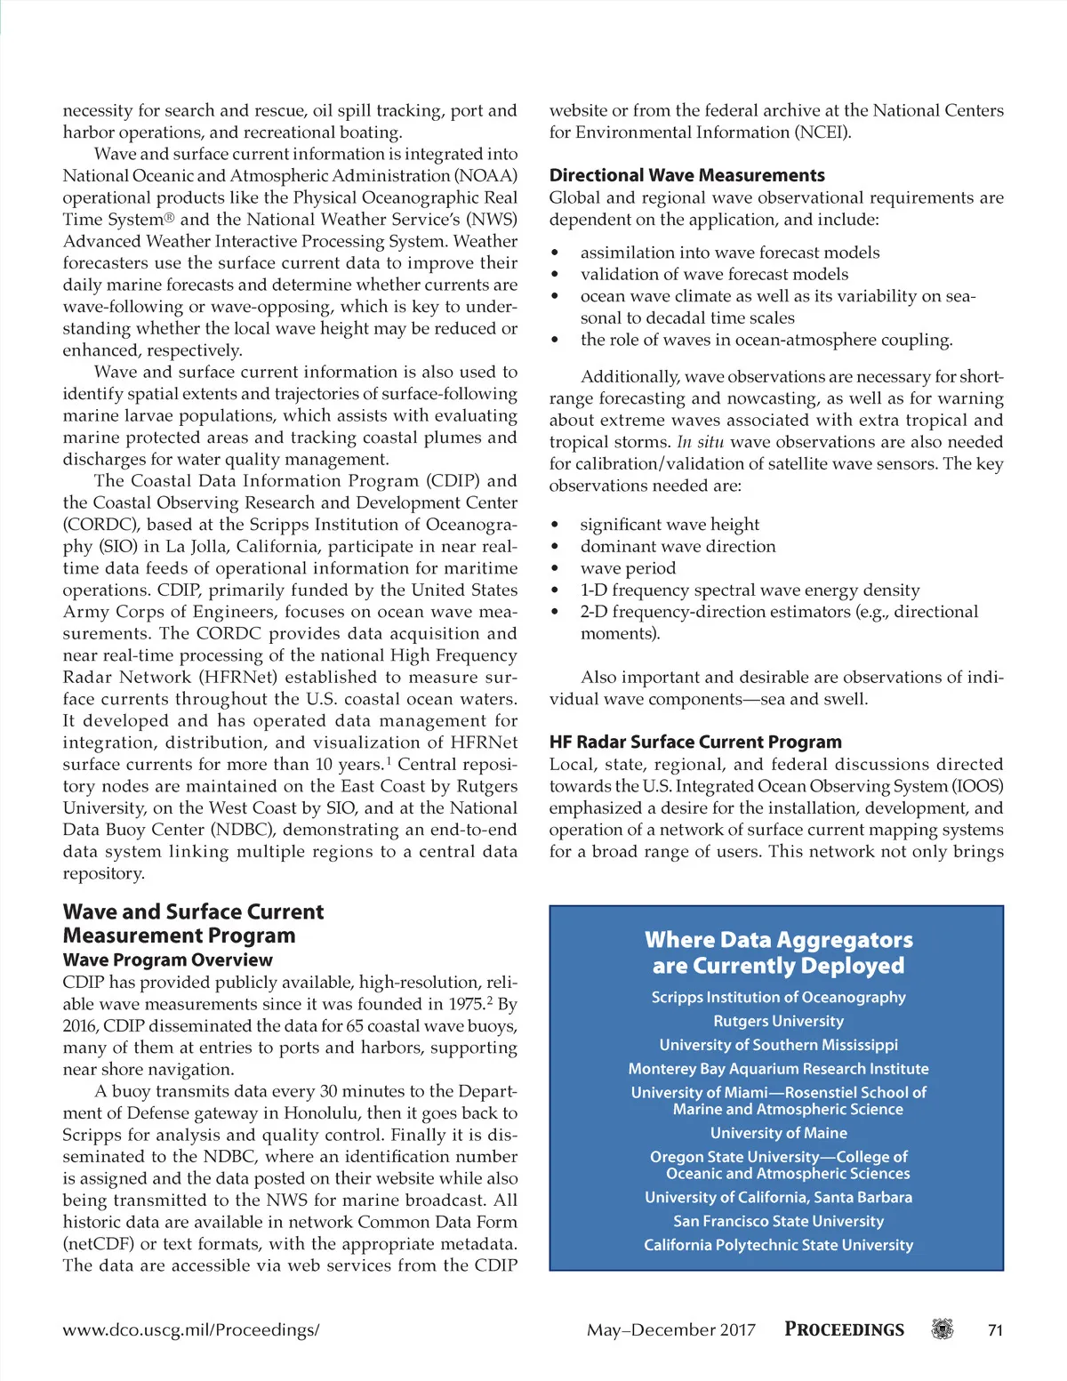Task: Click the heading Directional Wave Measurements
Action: [x=686, y=175]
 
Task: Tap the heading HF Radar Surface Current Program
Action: [x=694, y=742]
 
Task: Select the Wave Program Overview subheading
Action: [x=167, y=959]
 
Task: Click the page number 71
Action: [x=995, y=1330]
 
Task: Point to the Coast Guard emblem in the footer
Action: [x=942, y=1329]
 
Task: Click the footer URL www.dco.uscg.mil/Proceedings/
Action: [x=190, y=1330]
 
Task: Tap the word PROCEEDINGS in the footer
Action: [x=844, y=1329]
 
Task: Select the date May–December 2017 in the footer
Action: [x=670, y=1330]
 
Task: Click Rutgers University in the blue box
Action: [x=778, y=1021]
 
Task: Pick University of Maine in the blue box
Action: [x=778, y=1133]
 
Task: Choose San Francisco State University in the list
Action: [x=778, y=1221]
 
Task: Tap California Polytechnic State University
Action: [x=778, y=1245]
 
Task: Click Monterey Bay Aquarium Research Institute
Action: [x=778, y=1069]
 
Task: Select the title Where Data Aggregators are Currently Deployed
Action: [x=778, y=952]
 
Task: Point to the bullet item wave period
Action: [x=628, y=568]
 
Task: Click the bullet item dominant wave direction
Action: [x=678, y=546]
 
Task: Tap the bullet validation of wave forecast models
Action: [x=714, y=274]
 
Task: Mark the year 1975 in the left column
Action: [x=467, y=1004]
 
